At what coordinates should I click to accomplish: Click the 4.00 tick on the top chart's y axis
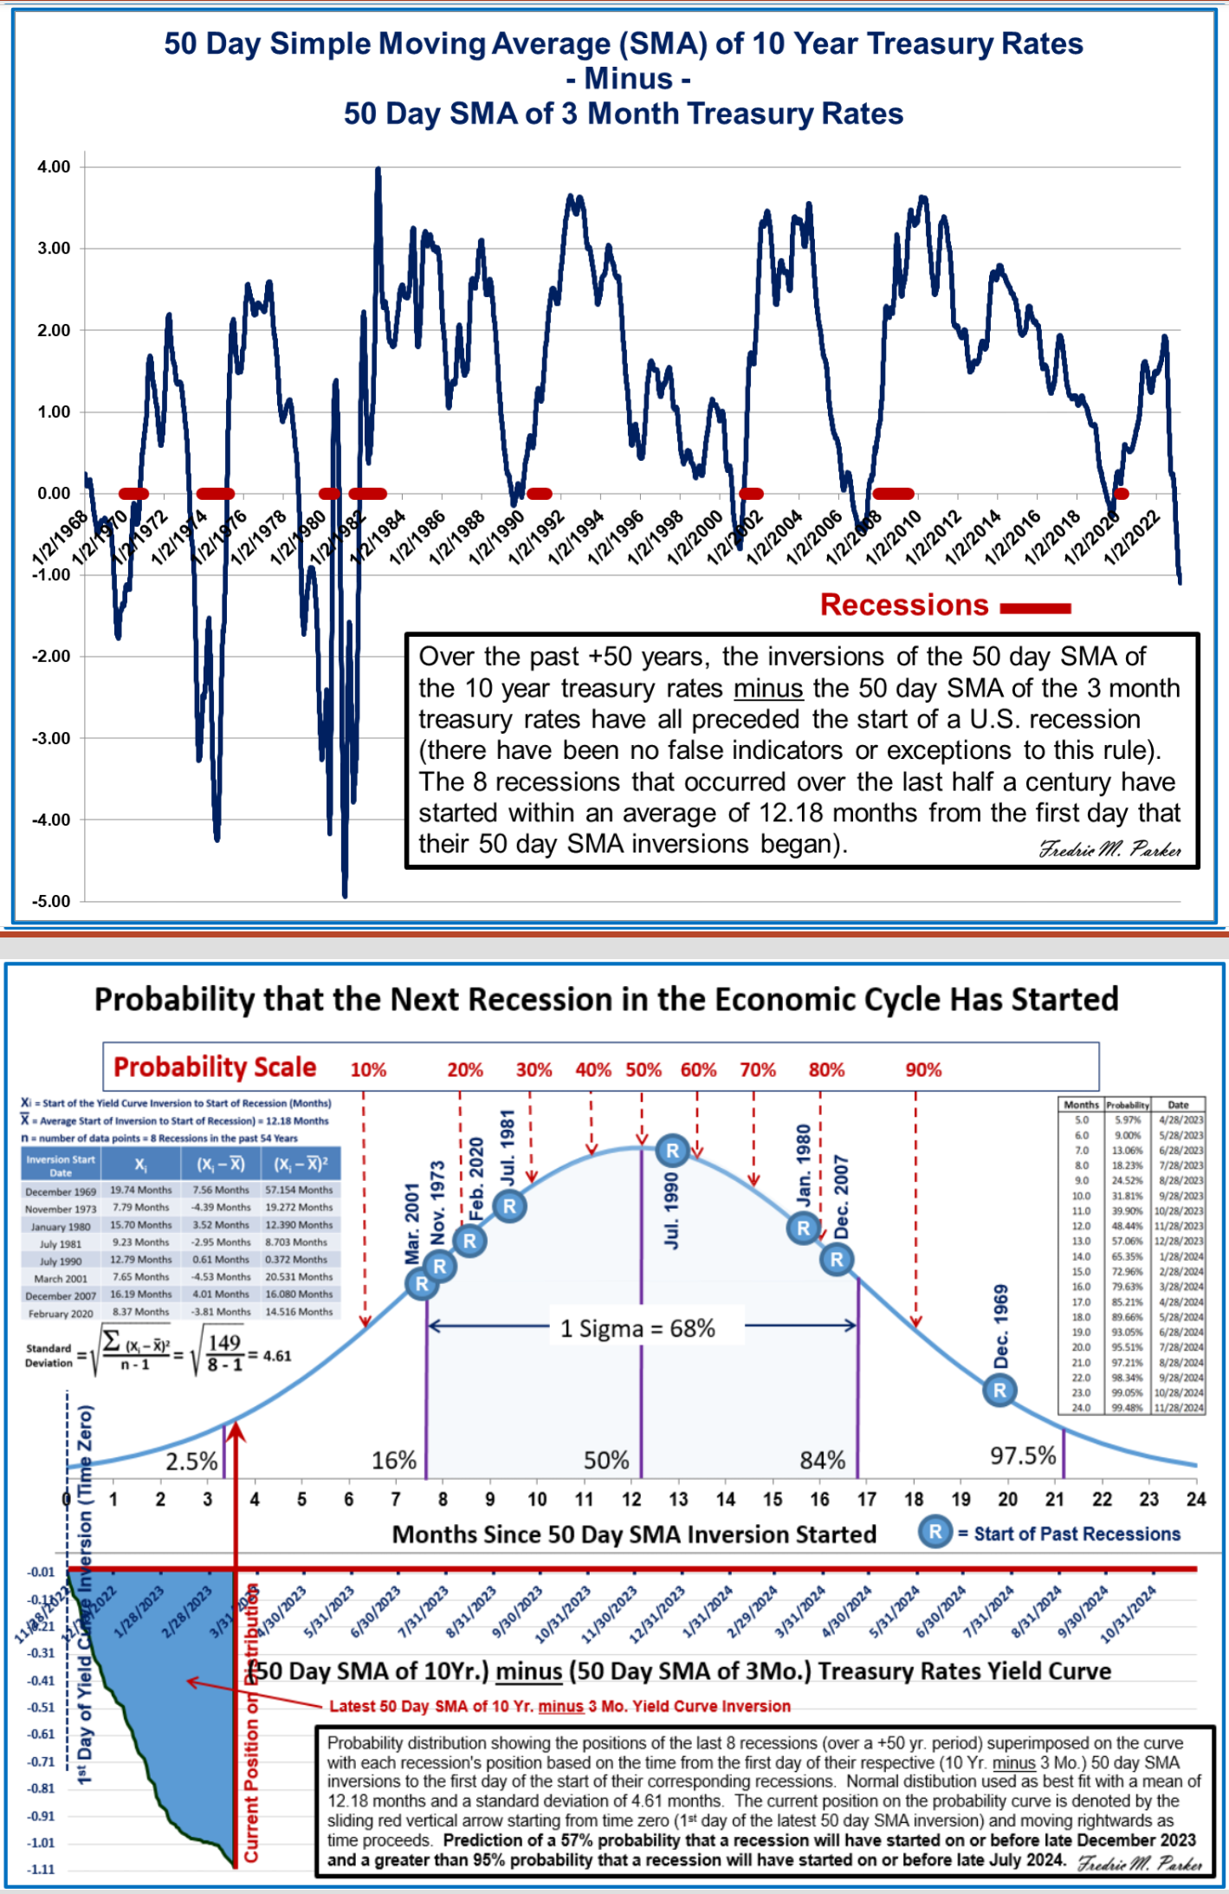53,167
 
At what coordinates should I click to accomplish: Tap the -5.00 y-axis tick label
51,901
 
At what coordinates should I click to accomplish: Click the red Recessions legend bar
1036,608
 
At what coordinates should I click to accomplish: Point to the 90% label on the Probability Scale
923,1070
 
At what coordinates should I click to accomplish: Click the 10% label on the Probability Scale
368,1070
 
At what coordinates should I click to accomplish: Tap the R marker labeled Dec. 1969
999,1391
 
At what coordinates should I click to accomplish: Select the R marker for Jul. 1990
672,1151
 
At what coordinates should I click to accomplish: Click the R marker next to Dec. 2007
837,1259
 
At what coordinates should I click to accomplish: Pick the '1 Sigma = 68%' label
637,1329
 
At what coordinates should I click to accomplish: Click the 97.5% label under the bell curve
1023,1456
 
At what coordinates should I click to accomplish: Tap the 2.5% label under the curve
191,1462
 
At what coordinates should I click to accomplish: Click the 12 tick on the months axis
631,1500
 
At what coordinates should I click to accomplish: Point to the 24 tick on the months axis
1196,1500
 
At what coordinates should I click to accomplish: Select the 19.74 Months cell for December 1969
140,1190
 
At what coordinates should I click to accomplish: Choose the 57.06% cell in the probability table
1127,1241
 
